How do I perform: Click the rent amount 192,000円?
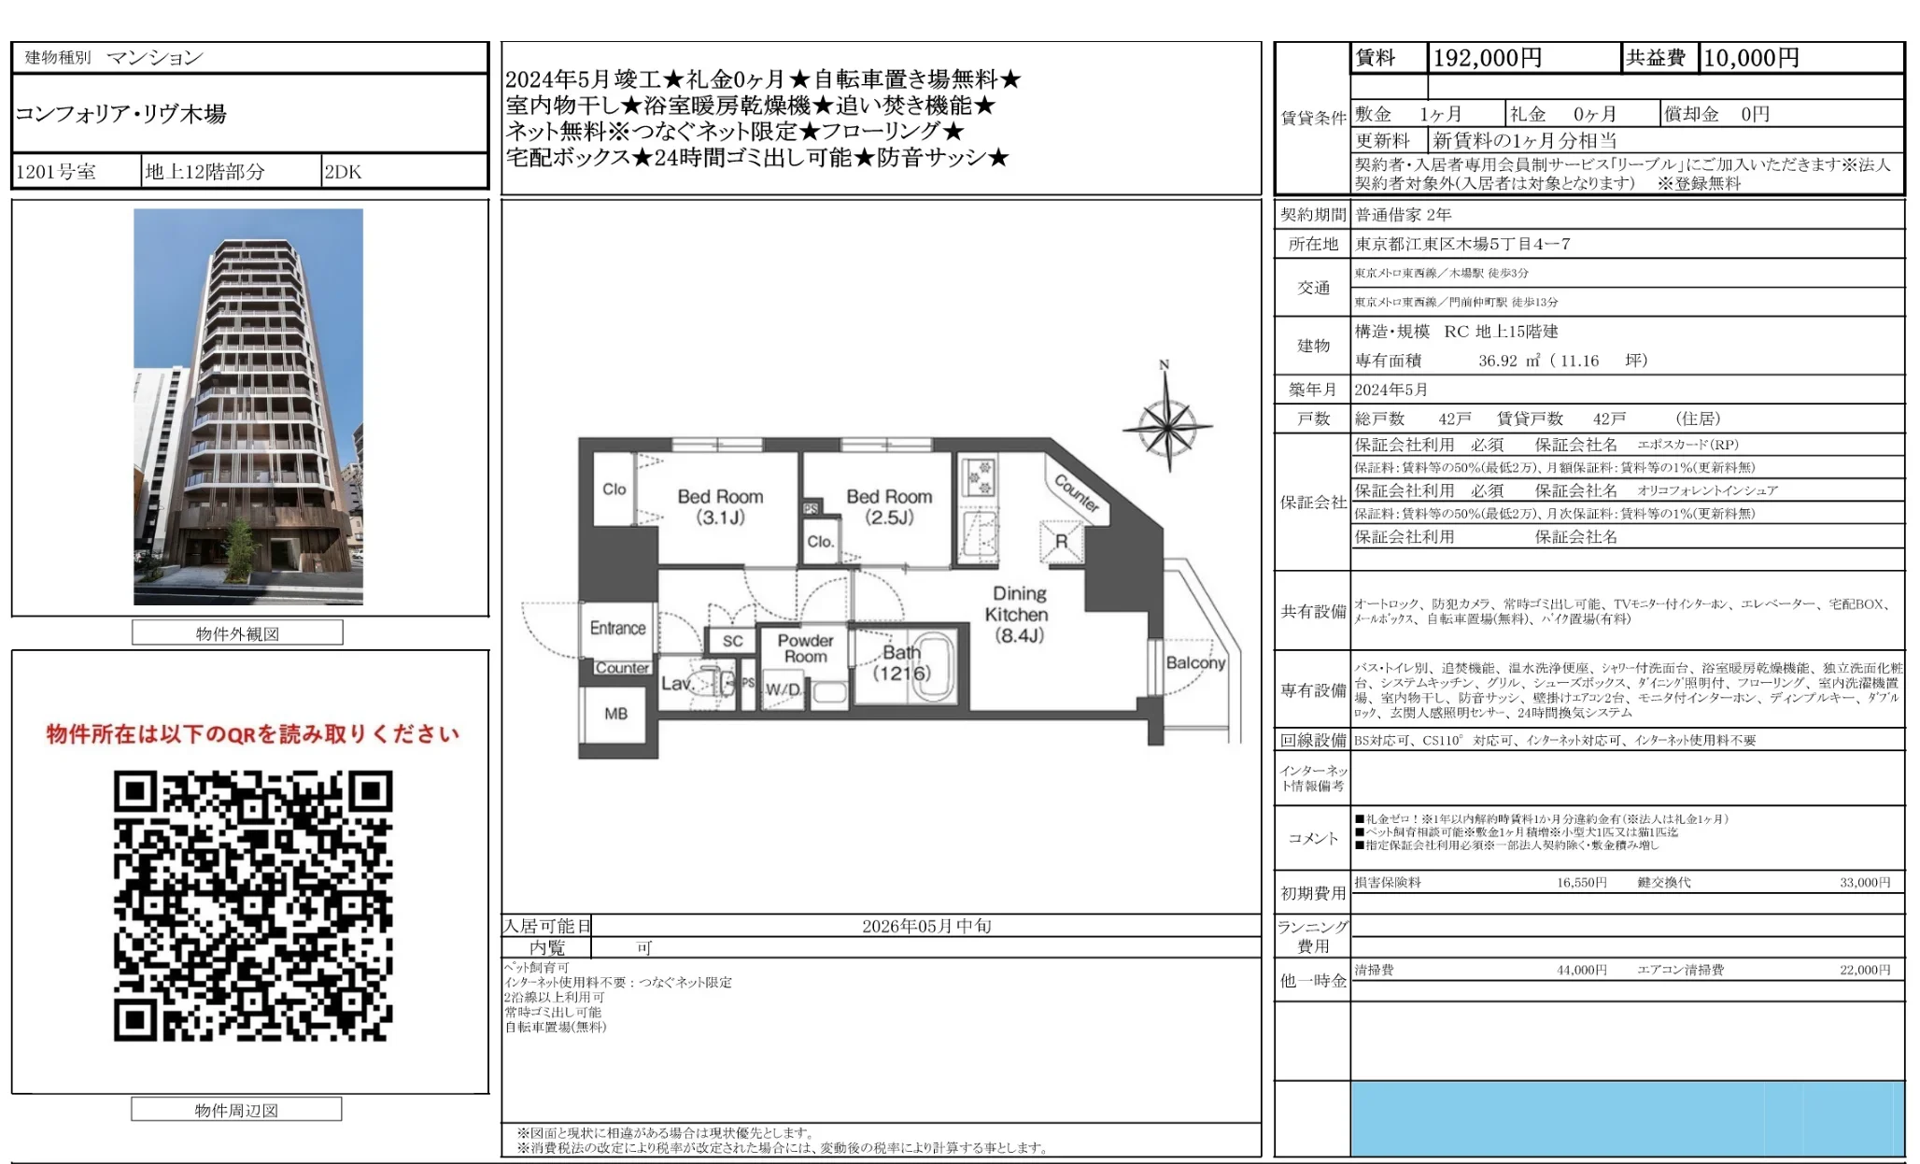coord(1487,58)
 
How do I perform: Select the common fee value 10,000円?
coord(1751,58)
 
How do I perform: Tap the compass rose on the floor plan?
coord(1167,428)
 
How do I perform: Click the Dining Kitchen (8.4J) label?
coord(1018,615)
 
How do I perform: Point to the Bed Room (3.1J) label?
coord(720,506)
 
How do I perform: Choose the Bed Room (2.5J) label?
coord(888,506)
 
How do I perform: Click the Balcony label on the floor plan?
coord(1195,662)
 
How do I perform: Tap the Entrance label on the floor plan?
coord(617,628)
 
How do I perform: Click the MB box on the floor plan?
coord(615,714)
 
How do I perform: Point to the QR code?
coord(252,905)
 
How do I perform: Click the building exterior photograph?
coord(248,406)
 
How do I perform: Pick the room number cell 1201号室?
coord(56,172)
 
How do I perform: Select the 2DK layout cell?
coord(343,172)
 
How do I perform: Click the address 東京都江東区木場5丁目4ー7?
coord(1462,244)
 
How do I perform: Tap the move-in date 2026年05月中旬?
coord(925,926)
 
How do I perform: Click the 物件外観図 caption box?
coord(237,633)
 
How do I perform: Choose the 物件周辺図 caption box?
coord(236,1110)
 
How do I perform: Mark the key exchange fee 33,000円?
coord(1864,882)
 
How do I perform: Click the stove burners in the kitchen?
coord(979,476)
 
